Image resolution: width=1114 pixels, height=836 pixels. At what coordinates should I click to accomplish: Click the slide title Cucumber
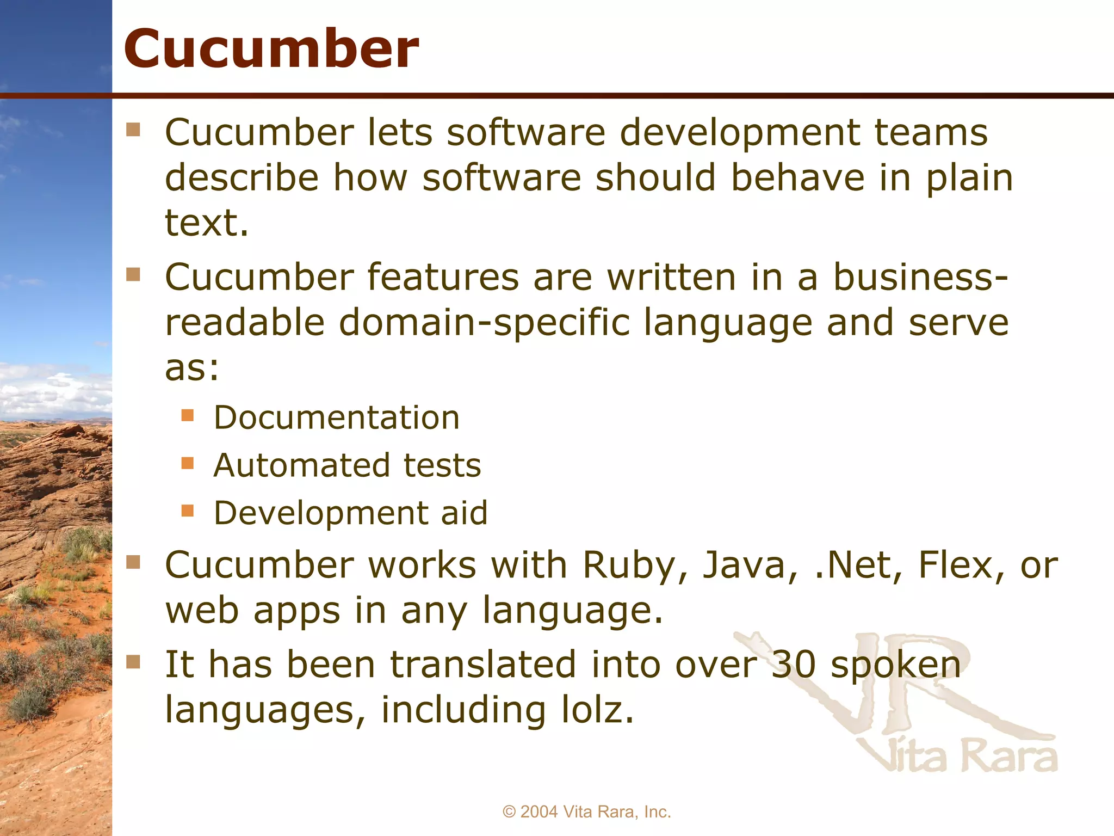coord(271,49)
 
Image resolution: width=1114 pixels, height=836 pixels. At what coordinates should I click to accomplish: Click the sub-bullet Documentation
coord(337,418)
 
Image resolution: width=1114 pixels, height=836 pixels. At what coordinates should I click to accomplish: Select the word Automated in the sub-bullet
coord(302,466)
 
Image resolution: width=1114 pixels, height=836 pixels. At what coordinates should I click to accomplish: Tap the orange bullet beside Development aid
coord(188,511)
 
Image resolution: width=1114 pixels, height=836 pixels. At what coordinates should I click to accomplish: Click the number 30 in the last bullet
coord(794,665)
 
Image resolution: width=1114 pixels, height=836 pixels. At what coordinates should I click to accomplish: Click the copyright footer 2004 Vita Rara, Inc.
coord(587,812)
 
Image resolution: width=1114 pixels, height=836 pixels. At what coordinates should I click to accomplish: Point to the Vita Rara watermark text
coord(960,757)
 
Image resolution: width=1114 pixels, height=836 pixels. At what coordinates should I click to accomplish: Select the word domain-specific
coord(484,323)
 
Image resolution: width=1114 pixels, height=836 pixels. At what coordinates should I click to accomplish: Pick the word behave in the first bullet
coord(797,178)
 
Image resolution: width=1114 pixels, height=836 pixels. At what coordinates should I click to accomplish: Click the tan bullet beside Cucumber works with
coord(133,562)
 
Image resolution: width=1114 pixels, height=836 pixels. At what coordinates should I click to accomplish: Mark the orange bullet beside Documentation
coord(188,416)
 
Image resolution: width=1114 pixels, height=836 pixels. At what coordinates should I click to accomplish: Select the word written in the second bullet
coord(671,278)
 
